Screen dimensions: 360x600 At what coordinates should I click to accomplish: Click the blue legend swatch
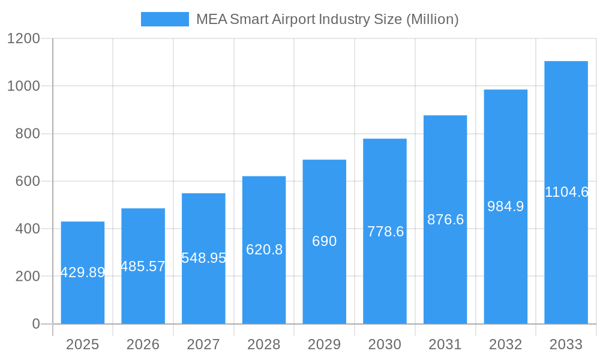[x=164, y=19]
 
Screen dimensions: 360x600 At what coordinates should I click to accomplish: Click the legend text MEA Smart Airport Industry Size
[x=327, y=19]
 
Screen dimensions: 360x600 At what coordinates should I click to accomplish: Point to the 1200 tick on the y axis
[x=23, y=38]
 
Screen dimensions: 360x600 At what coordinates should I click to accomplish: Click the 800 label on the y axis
[x=28, y=134]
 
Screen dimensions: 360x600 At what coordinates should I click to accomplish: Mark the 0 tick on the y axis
[x=35, y=324]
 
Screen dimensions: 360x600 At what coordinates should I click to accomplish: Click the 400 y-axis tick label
[x=28, y=229]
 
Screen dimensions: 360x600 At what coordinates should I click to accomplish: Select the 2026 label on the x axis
[x=143, y=344]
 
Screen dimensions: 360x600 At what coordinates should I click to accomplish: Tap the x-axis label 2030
[x=385, y=344]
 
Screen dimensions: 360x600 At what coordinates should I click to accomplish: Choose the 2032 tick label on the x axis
[x=505, y=344]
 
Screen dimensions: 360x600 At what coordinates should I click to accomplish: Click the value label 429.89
[x=83, y=272]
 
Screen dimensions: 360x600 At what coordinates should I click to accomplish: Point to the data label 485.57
[x=143, y=266]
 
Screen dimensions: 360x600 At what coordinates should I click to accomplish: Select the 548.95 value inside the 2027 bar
[x=203, y=258]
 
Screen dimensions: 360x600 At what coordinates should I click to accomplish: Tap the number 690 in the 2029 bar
[x=324, y=241]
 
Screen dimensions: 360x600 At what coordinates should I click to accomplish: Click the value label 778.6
[x=385, y=232]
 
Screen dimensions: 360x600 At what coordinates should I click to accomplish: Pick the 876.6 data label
[x=445, y=220]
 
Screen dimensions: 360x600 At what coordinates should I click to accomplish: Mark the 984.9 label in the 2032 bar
[x=505, y=206]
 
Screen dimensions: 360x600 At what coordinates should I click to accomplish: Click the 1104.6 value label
[x=566, y=192]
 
